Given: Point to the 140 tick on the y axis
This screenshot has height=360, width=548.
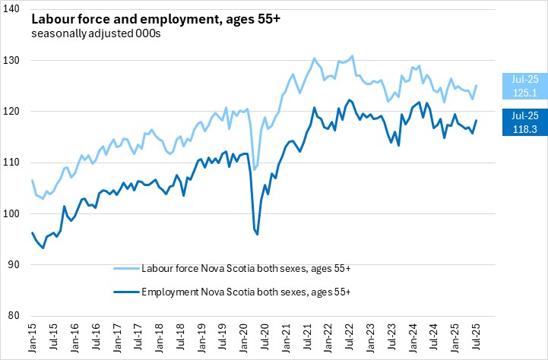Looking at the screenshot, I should [16, 9].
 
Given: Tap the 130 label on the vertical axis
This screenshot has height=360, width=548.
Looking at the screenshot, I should [16, 60].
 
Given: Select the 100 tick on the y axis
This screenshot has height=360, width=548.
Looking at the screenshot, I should [16, 213].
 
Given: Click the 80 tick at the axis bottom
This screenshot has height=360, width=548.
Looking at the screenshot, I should [17, 316].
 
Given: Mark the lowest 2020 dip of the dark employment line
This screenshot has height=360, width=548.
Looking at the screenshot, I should [258, 235].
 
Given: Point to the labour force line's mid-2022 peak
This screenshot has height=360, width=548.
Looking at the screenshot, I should [352, 55].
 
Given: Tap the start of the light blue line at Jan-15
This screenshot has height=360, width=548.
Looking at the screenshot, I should [33, 180].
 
